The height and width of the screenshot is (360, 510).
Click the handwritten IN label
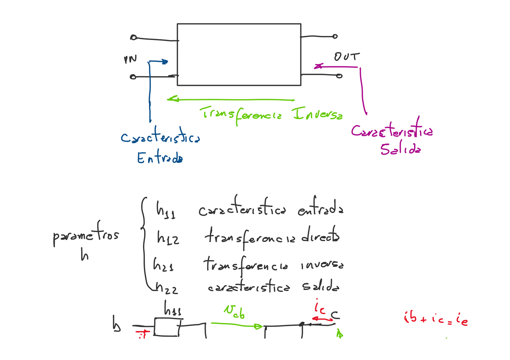(x=130, y=59)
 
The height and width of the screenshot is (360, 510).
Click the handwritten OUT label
(x=347, y=57)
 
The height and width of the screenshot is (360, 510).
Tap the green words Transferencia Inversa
(x=271, y=113)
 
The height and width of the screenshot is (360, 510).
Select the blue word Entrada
(x=160, y=158)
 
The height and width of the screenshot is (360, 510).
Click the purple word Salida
(x=400, y=149)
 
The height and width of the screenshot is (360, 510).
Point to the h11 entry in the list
(x=166, y=210)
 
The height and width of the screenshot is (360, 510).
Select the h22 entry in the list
(x=166, y=287)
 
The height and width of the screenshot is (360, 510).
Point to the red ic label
(x=319, y=308)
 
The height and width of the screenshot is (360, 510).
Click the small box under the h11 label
(x=166, y=327)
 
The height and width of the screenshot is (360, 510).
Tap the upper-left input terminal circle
(x=134, y=37)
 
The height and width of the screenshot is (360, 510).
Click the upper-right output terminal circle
(x=335, y=36)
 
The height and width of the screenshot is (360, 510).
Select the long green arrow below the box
(x=231, y=99)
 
